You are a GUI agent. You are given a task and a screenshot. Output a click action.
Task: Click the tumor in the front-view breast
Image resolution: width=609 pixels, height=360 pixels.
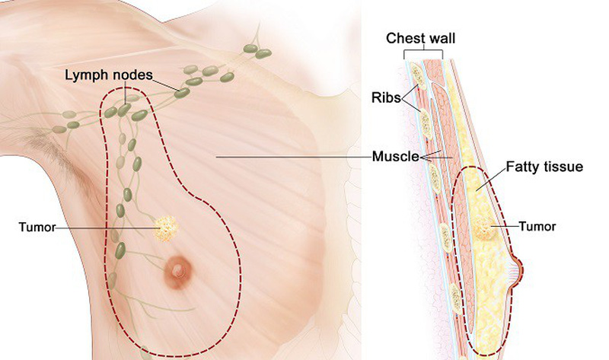pos(167,226)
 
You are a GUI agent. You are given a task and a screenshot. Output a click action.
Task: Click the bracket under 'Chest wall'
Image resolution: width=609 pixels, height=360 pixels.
pos(422,53)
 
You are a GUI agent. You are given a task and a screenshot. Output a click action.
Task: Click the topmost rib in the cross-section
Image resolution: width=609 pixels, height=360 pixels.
pos(417,75)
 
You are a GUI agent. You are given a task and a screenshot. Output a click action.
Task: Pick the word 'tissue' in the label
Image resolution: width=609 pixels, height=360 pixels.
pos(564,166)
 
